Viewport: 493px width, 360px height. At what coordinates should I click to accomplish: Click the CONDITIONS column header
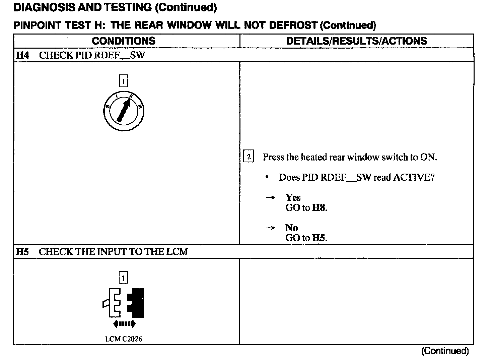click(124, 41)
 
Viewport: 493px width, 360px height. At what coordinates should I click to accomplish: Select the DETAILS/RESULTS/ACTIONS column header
click(356, 41)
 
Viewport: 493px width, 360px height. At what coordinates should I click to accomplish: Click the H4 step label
click(22, 55)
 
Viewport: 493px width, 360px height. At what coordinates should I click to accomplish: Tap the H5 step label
click(22, 252)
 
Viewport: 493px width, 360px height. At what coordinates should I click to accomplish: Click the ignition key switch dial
click(124, 111)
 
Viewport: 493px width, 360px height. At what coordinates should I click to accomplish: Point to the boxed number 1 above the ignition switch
click(124, 81)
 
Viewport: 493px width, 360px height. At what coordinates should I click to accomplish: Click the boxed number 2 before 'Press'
click(249, 157)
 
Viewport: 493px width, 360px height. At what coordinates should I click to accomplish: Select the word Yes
click(293, 197)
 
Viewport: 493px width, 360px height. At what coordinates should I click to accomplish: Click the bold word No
click(291, 228)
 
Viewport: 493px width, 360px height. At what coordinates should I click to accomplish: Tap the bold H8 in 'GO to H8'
click(319, 208)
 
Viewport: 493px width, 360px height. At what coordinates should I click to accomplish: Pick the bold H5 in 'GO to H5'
click(319, 238)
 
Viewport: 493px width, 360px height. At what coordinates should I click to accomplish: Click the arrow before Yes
click(270, 198)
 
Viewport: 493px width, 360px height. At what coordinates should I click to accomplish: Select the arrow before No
click(270, 228)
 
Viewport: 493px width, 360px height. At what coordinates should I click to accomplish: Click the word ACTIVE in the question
click(414, 177)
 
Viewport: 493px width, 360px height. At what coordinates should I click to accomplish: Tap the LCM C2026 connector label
click(124, 339)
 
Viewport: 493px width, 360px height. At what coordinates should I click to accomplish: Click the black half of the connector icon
click(137, 303)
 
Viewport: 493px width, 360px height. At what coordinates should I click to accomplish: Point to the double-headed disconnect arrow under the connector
click(124, 324)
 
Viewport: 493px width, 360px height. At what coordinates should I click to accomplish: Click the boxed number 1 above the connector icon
click(124, 278)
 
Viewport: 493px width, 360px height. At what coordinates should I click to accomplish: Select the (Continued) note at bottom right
click(445, 351)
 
